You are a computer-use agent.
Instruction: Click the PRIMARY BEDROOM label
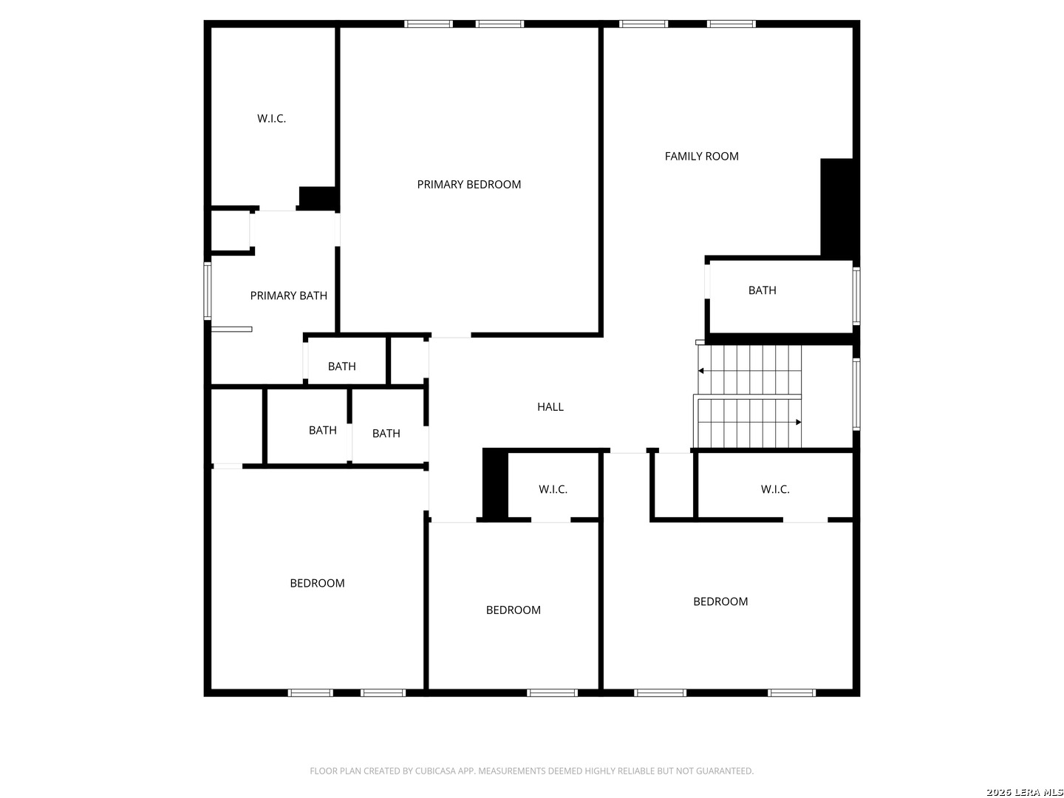tap(468, 185)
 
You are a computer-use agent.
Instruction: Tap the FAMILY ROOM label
tap(701, 157)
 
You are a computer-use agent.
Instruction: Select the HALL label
tap(550, 407)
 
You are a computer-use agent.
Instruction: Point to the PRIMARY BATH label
tap(288, 296)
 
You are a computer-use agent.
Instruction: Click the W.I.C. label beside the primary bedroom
tap(271, 119)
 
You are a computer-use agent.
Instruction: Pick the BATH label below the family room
tap(762, 290)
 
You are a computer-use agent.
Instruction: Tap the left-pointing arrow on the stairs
tap(701, 370)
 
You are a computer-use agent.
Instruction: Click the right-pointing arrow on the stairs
tap(798, 422)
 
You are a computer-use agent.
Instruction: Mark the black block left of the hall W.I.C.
tap(495, 484)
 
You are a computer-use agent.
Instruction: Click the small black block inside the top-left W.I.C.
tap(318, 198)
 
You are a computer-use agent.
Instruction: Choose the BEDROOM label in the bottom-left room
tap(317, 584)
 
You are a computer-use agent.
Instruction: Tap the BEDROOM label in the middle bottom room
tap(513, 610)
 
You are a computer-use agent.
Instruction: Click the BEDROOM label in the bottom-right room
tap(720, 602)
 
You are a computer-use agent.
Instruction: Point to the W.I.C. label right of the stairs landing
tap(775, 490)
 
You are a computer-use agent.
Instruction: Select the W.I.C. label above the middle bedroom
tap(553, 490)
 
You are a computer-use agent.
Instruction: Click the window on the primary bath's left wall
tap(208, 290)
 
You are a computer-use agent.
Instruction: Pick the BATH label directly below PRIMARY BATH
tap(341, 366)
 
